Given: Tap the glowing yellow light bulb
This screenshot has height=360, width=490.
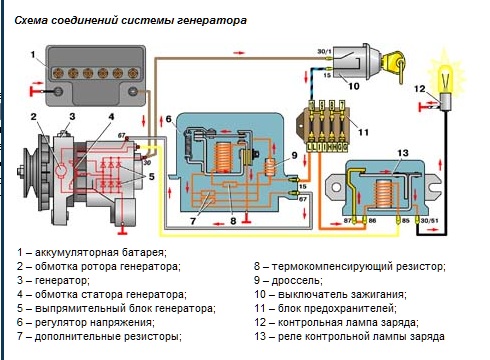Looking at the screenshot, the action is point(446,79).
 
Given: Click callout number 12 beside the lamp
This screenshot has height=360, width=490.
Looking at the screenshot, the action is point(420,89).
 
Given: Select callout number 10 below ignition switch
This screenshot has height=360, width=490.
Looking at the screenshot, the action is point(354,86).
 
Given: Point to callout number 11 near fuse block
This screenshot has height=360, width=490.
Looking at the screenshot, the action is point(363,132).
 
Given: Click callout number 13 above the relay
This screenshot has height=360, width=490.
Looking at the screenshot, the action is point(403,153).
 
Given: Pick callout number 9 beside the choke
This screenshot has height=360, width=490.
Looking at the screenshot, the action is point(294,155).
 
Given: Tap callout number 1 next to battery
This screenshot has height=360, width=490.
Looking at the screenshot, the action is point(33,54).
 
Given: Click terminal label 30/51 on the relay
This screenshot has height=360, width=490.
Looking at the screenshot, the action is point(430,221).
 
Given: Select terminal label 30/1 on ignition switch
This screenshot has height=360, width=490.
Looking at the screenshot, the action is point(324,51).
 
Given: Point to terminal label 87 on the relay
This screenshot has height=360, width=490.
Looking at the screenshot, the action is point(347,220).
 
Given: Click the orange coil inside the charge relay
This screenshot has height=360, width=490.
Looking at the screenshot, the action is point(384,193).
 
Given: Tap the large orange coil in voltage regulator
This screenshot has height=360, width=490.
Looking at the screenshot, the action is point(223,157).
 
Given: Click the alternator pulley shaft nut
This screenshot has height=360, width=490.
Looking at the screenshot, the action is point(20,171).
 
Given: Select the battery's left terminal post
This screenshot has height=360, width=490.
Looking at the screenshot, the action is point(59,91).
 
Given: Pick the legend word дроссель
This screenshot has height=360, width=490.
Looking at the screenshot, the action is point(297,281).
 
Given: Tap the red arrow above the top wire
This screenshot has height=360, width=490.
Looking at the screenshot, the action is point(239,53).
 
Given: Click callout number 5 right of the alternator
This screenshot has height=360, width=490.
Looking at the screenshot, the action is point(152,176).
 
